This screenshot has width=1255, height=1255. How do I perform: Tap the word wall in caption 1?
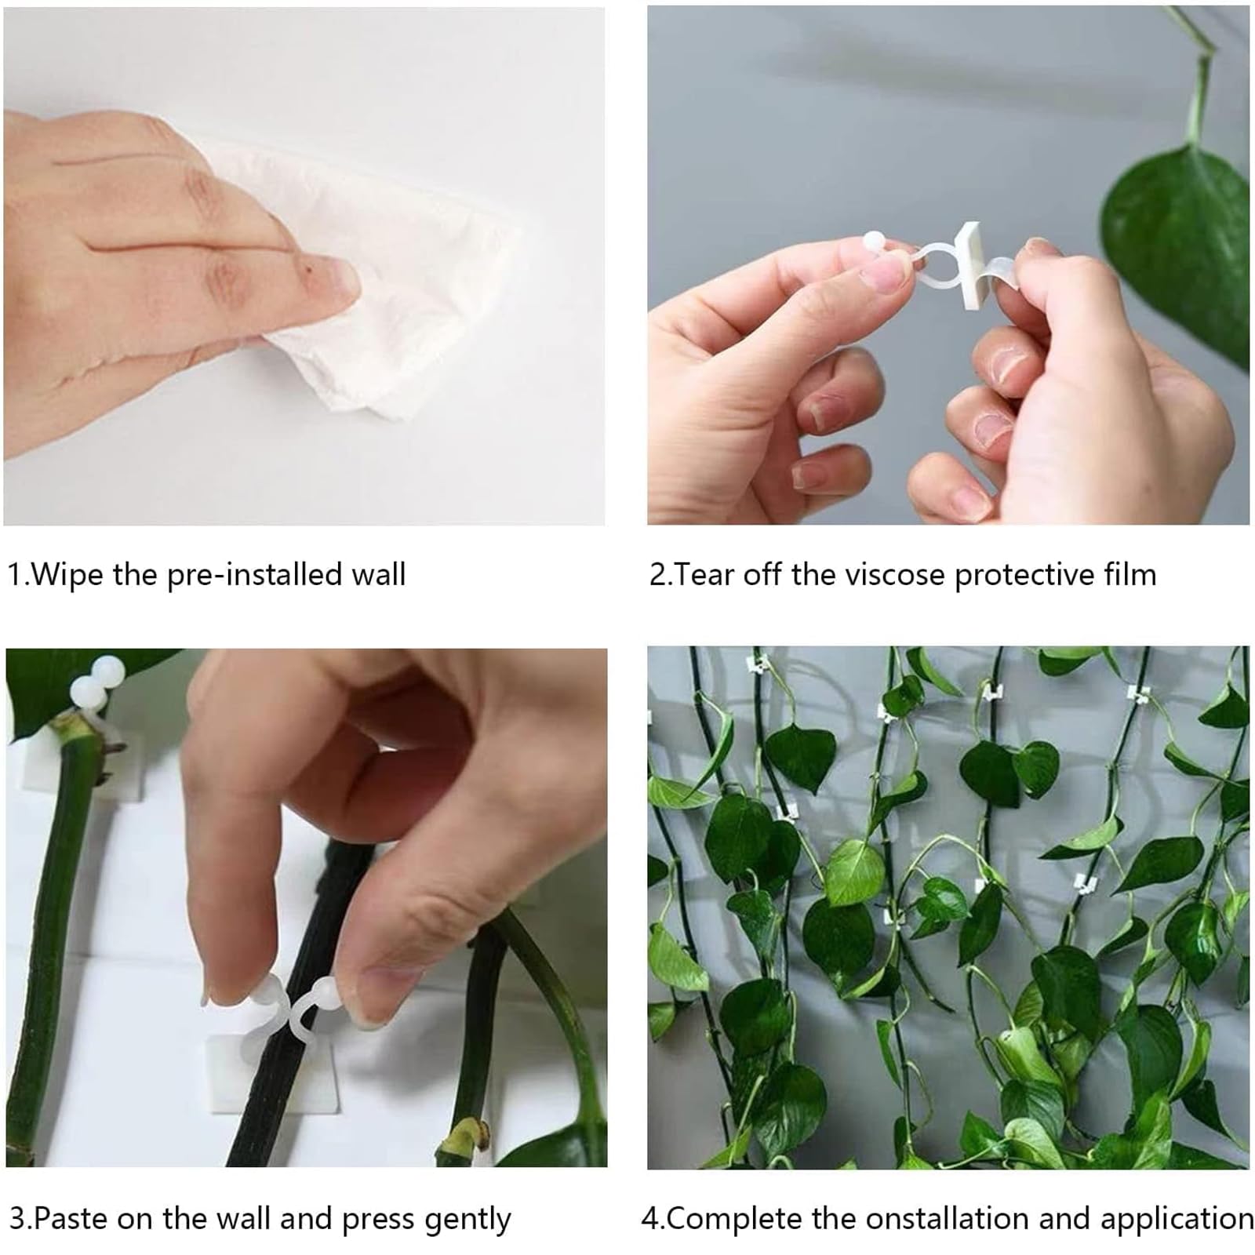pyautogui.click(x=378, y=575)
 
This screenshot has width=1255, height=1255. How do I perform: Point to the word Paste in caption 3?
pyautogui.click(x=71, y=1220)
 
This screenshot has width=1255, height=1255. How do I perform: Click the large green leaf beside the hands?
pyautogui.click(x=1177, y=235)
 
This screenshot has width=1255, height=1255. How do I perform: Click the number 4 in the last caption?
pyautogui.click(x=649, y=1220)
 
